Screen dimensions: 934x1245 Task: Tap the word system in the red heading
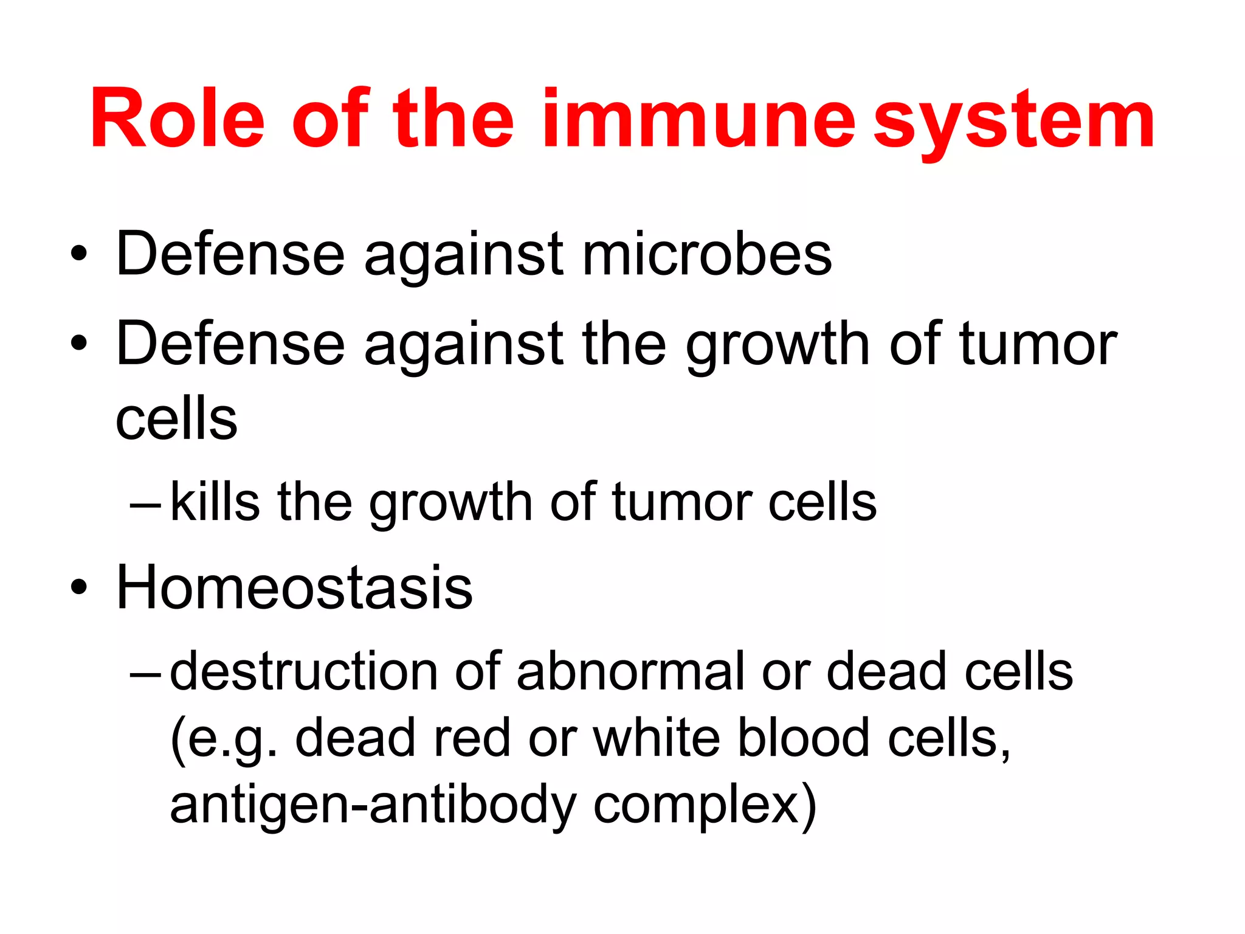(1014, 122)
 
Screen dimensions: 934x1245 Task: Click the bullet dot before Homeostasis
(78, 587)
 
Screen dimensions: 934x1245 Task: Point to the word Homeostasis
(294, 587)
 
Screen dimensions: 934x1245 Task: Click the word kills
(215, 502)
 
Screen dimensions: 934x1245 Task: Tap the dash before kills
(146, 505)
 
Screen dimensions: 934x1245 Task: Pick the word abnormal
(630, 671)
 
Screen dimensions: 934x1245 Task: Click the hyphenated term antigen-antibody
(372, 804)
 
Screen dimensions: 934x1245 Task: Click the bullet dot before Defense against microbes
(78, 254)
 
